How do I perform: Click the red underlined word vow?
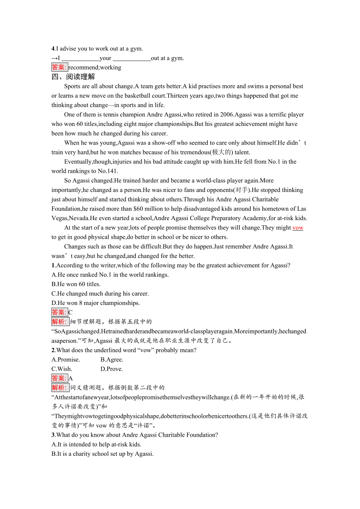[x=298, y=228]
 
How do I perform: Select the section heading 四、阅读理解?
[x=73, y=77]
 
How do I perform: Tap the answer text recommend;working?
[x=95, y=68]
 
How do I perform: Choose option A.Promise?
[x=66, y=360]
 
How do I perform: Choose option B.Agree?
[x=112, y=360]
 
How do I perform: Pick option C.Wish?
[x=62, y=369]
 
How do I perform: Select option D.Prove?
[x=112, y=369]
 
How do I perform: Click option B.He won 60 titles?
[x=76, y=284]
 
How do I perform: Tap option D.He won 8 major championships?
[x=95, y=303]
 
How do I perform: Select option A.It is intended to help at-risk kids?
[x=96, y=444]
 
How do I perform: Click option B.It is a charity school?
[x=103, y=454]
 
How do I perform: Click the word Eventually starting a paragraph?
[x=78, y=162]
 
